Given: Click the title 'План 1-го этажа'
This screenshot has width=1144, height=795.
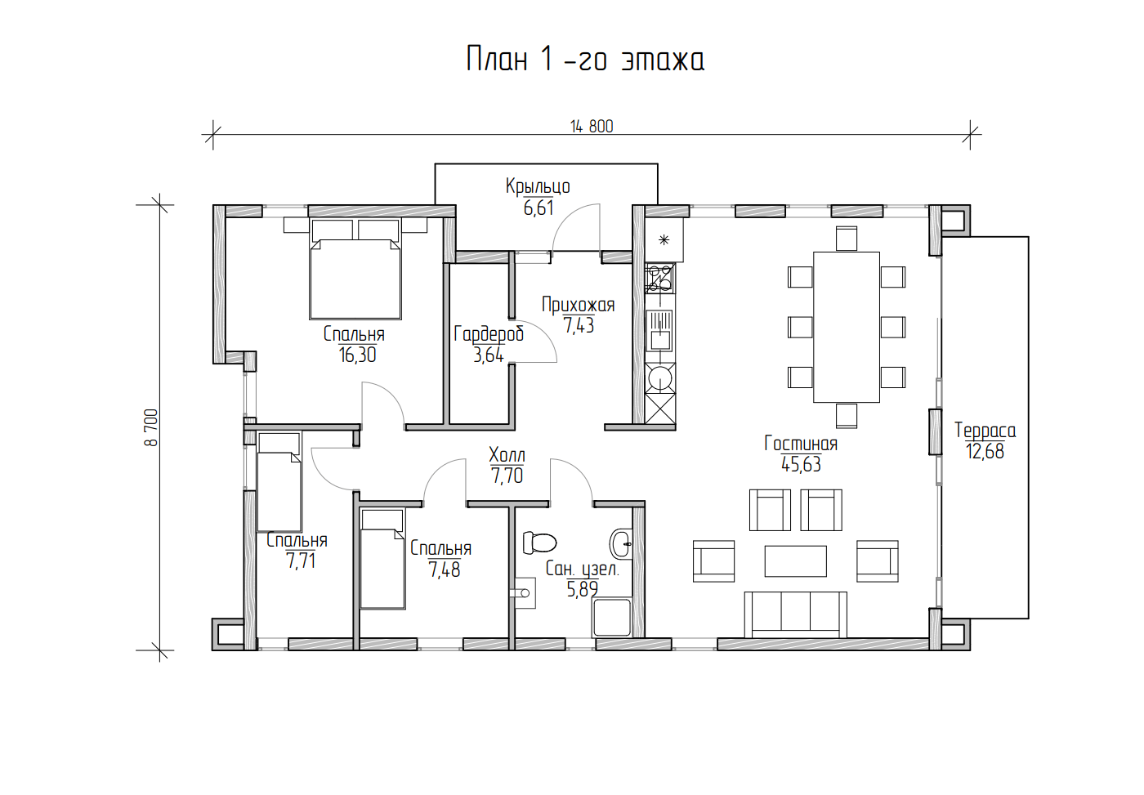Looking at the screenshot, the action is point(585,59).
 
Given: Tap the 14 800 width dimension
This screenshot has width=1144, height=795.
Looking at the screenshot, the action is point(592,126).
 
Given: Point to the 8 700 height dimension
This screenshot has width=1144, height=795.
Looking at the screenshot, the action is point(152,427).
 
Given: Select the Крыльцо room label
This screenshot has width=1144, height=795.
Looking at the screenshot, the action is point(538,186).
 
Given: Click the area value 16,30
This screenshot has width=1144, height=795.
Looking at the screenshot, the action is point(357,355).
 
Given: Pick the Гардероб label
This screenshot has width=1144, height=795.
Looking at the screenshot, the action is point(489,334).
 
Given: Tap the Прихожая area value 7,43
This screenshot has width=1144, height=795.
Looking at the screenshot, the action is point(579,324).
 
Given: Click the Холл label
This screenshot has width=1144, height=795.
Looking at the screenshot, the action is point(507,454).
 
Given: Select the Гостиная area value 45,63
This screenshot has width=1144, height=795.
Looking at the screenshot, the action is point(801,464).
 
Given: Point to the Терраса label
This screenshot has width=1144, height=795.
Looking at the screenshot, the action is point(985,431).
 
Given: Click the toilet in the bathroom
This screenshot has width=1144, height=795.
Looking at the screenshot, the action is point(540,543).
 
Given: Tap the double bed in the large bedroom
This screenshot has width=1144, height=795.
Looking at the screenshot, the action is point(355,269).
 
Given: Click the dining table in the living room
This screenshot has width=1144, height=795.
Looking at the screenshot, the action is point(847,327).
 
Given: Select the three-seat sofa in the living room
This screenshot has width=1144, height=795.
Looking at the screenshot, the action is point(795,614).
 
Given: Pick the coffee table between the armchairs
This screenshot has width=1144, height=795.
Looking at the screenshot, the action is point(795,561).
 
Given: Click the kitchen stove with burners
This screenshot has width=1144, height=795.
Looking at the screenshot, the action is point(660,279).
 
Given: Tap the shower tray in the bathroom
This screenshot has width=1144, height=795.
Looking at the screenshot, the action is point(612,618).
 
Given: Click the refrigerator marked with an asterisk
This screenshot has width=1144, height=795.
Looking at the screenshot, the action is point(664,239).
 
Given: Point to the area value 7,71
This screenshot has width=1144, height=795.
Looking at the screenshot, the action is point(301,561).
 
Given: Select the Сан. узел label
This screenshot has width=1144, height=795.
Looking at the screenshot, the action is point(582,569).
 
